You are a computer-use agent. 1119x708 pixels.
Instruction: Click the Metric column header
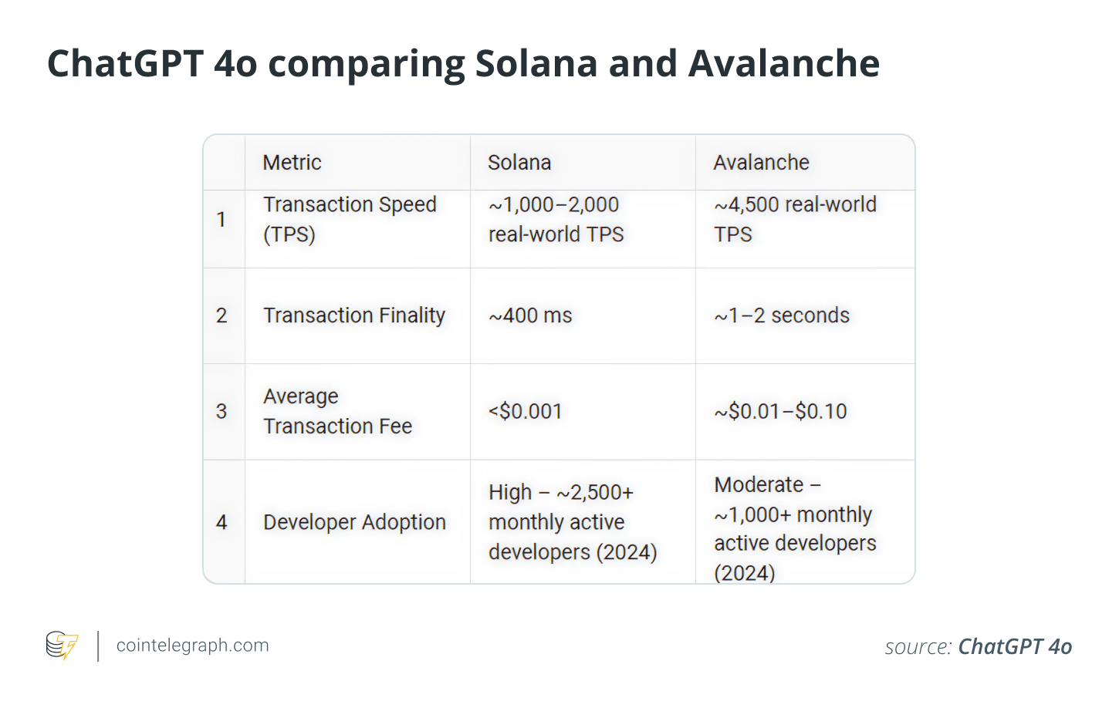tap(292, 163)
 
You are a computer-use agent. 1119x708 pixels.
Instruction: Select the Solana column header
tap(519, 163)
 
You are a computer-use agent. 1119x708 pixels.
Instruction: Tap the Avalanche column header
tap(761, 163)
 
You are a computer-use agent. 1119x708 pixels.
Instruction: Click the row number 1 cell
tap(221, 220)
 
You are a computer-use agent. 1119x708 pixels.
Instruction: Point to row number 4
tap(221, 522)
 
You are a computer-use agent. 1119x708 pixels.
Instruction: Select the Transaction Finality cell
tap(354, 315)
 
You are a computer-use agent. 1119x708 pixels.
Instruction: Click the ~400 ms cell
tap(530, 315)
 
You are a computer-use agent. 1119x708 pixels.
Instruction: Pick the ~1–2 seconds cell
tap(782, 315)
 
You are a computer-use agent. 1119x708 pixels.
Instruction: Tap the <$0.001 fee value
tap(525, 411)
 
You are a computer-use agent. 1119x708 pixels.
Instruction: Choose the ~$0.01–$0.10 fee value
tap(780, 411)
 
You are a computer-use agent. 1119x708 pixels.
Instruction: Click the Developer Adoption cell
tap(354, 522)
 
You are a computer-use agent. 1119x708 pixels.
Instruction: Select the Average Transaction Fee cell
tap(337, 411)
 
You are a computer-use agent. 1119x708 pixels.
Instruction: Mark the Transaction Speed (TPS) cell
tap(350, 220)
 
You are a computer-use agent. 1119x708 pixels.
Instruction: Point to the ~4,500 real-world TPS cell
tap(795, 220)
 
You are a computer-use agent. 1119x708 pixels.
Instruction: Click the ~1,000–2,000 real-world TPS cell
tap(556, 220)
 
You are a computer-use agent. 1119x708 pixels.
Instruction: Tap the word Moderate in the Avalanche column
tap(759, 484)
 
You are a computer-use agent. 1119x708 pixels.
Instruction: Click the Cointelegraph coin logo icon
tap(62, 646)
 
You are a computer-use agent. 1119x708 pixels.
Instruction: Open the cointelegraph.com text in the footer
tap(192, 646)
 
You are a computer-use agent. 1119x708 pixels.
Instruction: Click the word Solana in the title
tap(536, 63)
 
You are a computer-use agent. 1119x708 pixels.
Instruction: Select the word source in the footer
tap(918, 646)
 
